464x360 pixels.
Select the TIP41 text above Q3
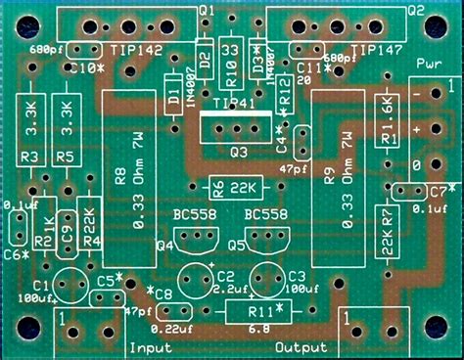tap(233, 101)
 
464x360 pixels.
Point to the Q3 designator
tap(238, 153)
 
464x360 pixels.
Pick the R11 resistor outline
tap(257, 312)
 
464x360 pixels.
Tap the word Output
tap(300, 347)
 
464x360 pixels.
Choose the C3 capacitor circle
tap(268, 280)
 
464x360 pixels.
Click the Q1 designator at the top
tap(207, 9)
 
